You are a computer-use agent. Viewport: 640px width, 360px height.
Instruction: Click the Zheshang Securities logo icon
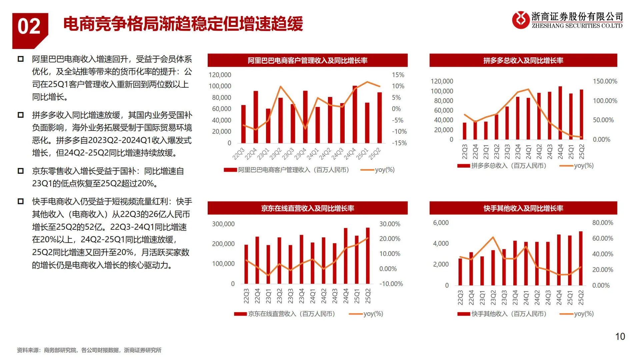click(x=520, y=20)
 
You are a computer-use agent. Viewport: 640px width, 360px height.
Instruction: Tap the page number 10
click(x=620, y=337)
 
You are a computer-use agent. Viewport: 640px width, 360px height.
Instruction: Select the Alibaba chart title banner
click(x=307, y=60)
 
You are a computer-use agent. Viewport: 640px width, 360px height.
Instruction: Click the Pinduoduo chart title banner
click(x=523, y=60)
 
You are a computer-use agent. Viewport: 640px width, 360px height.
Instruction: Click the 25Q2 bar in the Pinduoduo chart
click(x=581, y=115)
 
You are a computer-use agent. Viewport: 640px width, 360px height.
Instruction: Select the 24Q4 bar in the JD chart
click(x=346, y=256)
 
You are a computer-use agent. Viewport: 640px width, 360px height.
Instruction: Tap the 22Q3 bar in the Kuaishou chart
click(x=460, y=272)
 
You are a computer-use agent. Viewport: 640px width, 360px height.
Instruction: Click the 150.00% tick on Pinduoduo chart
click(x=605, y=81)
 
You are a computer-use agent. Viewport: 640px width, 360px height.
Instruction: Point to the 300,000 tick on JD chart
click(x=223, y=224)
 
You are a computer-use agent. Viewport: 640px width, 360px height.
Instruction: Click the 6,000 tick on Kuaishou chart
click(x=441, y=223)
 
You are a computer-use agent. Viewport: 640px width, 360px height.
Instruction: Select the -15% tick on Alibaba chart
click(x=399, y=143)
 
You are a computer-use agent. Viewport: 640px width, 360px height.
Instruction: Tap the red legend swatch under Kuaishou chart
click(x=463, y=314)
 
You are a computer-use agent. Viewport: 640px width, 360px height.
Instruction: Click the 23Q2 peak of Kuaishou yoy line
click(x=493, y=237)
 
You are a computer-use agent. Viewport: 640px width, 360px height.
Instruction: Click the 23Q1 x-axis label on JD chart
click(x=268, y=296)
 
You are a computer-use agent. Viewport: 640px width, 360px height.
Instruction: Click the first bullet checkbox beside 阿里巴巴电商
click(x=21, y=59)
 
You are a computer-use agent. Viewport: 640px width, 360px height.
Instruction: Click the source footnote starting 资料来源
click(x=89, y=350)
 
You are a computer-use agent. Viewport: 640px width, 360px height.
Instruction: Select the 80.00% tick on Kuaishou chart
click(x=602, y=223)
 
